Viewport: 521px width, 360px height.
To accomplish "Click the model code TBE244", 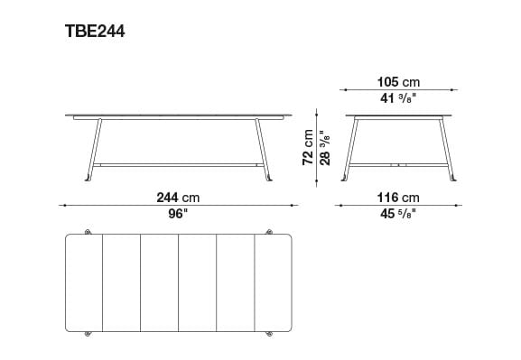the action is tap(95, 32).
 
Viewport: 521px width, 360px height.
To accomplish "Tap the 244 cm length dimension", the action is tap(178, 198).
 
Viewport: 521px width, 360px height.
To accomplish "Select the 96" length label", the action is tap(178, 214).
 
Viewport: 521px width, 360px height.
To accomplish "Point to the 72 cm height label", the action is tap(308, 147).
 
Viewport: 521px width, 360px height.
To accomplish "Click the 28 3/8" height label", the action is tap(325, 147).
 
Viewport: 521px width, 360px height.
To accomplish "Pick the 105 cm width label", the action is tap(398, 82).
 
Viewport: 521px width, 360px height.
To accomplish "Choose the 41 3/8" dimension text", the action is tap(398, 98).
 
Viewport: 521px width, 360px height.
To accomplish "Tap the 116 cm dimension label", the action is tap(398, 198).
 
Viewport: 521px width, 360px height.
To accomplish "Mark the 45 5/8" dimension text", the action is tap(398, 214).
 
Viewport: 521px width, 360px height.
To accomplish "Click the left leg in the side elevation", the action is tap(94, 150).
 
